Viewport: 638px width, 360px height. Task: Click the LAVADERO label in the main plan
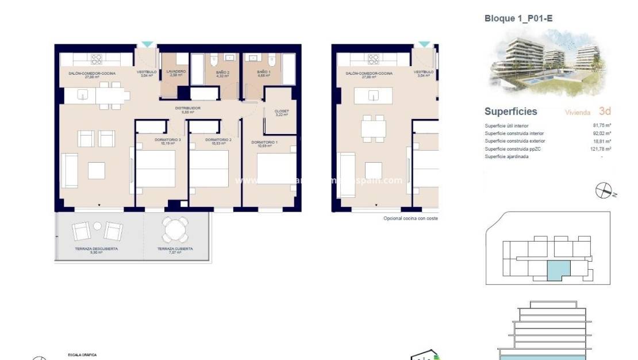click(x=176, y=72)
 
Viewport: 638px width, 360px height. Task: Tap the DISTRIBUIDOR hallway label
click(x=188, y=108)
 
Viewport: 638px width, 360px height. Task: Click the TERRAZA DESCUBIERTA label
click(x=96, y=249)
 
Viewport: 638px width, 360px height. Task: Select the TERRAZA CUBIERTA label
click(x=175, y=249)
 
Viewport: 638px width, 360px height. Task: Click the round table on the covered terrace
click(x=175, y=229)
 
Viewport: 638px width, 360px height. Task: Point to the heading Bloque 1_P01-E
click(x=518, y=18)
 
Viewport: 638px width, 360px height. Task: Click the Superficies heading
click(x=510, y=112)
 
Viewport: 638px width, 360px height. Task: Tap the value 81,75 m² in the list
click(x=602, y=125)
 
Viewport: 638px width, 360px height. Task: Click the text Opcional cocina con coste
click(x=410, y=219)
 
